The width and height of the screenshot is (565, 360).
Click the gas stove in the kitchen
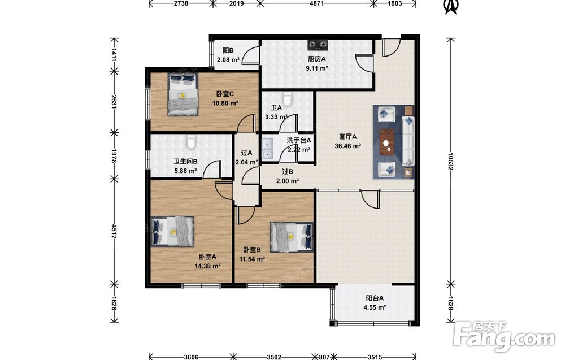tap(318, 45)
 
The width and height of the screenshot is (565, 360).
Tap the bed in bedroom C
tap(182, 94)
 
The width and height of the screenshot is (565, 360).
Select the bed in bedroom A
tap(172, 231)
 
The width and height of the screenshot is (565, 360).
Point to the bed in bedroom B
tap(292, 236)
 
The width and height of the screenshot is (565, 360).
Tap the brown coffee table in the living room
tap(387, 142)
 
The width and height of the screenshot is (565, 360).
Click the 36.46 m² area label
tap(347, 146)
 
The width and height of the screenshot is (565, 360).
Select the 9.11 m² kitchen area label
tap(317, 68)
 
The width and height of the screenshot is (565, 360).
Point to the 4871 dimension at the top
tap(317, 3)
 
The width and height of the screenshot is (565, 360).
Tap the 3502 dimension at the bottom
tap(274, 357)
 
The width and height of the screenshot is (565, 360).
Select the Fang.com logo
tap(504, 336)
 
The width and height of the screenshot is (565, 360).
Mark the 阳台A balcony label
tap(375, 298)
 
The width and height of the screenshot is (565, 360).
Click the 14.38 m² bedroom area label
tap(207, 266)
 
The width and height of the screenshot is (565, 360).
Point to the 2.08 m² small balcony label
tap(228, 59)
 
